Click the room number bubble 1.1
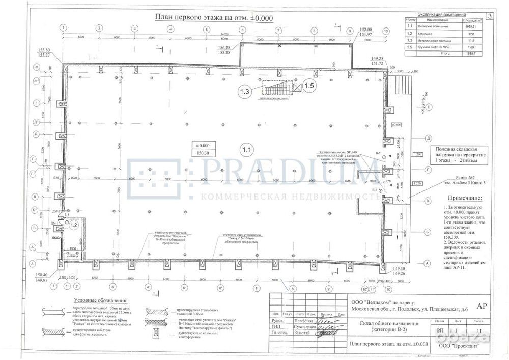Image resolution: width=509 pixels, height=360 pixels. pyautogui.click(x=247, y=150)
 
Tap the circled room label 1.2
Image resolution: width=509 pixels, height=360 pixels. pyautogui.click(x=73, y=224)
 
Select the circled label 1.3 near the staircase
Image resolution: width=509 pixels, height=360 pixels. pyautogui.click(x=246, y=92)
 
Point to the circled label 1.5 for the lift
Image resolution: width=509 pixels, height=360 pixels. pyautogui.click(x=309, y=86)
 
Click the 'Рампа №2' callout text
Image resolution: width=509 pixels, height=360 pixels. pyautogui.click(x=447, y=178)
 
